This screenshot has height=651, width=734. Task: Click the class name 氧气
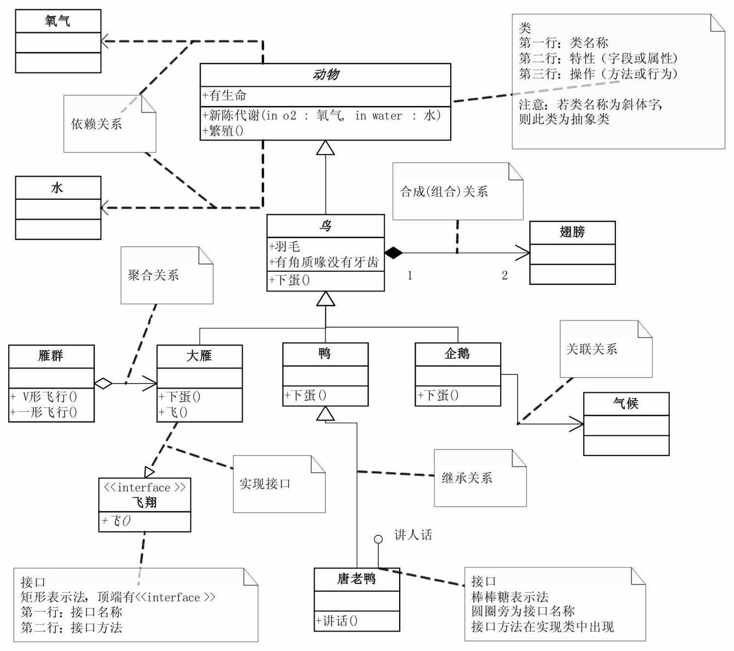click(x=58, y=21)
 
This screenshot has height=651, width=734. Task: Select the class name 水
click(x=58, y=188)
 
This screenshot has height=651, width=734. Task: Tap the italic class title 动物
click(x=325, y=75)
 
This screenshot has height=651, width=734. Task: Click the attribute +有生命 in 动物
click(x=225, y=96)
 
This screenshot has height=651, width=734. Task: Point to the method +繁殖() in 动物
click(x=223, y=131)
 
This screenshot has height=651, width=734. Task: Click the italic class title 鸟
click(x=325, y=226)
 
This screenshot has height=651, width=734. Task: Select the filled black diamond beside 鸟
click(x=393, y=253)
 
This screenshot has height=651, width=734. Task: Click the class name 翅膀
click(x=572, y=232)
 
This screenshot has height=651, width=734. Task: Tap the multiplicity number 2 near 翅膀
click(x=505, y=276)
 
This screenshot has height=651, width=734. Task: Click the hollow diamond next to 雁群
click(x=103, y=384)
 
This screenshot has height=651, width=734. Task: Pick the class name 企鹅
click(x=457, y=354)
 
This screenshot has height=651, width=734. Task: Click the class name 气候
click(x=626, y=403)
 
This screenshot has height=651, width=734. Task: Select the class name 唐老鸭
click(x=356, y=579)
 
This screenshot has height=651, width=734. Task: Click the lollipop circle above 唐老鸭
click(x=378, y=540)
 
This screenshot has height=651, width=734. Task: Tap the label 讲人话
click(x=413, y=535)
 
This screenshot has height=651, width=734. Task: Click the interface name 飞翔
click(x=144, y=502)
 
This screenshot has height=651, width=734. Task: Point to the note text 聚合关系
click(x=154, y=275)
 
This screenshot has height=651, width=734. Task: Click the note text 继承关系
click(x=467, y=478)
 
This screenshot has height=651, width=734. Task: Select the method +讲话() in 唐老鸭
click(x=337, y=621)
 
